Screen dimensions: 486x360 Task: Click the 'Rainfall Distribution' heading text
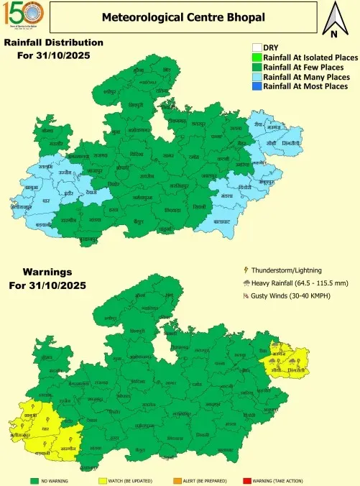(54, 42)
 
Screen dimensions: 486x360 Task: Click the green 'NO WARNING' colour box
(34, 479)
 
